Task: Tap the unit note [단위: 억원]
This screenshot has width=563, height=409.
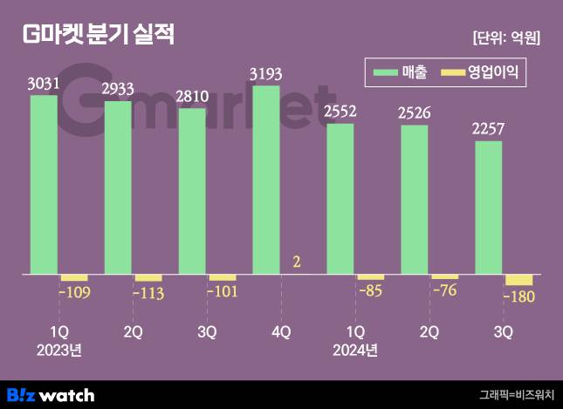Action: tap(505, 37)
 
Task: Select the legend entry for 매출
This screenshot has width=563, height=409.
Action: tap(401, 74)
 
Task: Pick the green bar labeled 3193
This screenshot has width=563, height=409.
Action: tap(266, 180)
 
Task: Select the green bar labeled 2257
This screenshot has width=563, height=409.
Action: tap(489, 208)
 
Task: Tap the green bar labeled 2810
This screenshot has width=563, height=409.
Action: tap(192, 191)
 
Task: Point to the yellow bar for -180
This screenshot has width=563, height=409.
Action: tap(518, 280)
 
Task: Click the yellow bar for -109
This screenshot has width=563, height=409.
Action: tap(73, 278)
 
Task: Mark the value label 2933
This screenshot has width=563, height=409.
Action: tap(118, 89)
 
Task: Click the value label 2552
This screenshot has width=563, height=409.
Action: tap(340, 112)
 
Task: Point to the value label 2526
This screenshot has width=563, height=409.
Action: tap(415, 112)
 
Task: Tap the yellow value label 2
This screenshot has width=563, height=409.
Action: tap(296, 262)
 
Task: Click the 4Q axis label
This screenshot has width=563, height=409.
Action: tap(282, 332)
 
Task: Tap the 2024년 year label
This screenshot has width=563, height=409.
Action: tap(356, 351)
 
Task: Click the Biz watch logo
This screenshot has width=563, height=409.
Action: tap(51, 394)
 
